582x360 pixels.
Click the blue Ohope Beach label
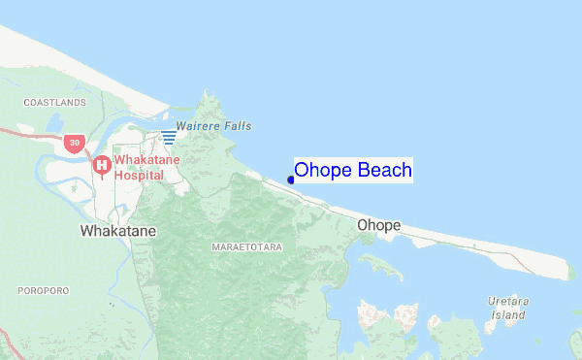coord(353,171)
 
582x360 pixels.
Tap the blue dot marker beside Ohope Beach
coord(291,180)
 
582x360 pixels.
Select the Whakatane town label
coord(115,231)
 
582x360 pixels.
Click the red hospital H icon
coord(101,166)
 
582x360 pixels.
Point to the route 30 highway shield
coord(75,144)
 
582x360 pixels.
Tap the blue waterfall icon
coord(169,137)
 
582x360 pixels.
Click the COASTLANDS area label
coord(55,102)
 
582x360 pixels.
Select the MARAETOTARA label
coord(246,248)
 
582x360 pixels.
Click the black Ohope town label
coord(378,226)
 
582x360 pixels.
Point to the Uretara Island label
coord(507,309)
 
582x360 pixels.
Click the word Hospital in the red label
coord(139,175)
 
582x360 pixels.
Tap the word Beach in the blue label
coord(385,171)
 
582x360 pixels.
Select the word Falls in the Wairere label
coord(237,126)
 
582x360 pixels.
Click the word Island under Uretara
coord(507,315)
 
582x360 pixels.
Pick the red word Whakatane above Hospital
coord(146,159)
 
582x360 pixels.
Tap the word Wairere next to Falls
coord(198,126)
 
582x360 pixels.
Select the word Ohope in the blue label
coord(323,171)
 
